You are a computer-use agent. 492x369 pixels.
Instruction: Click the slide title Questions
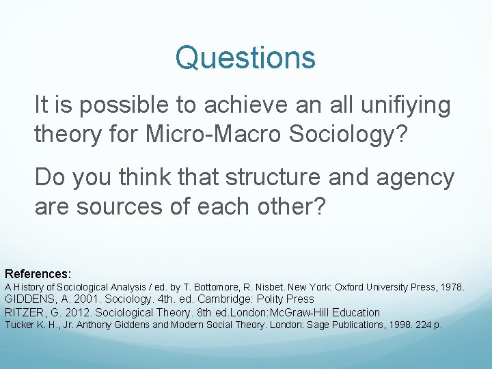coord(245,58)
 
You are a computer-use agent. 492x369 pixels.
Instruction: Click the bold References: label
coord(38,273)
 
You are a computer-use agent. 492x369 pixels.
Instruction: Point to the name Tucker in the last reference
coord(18,325)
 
